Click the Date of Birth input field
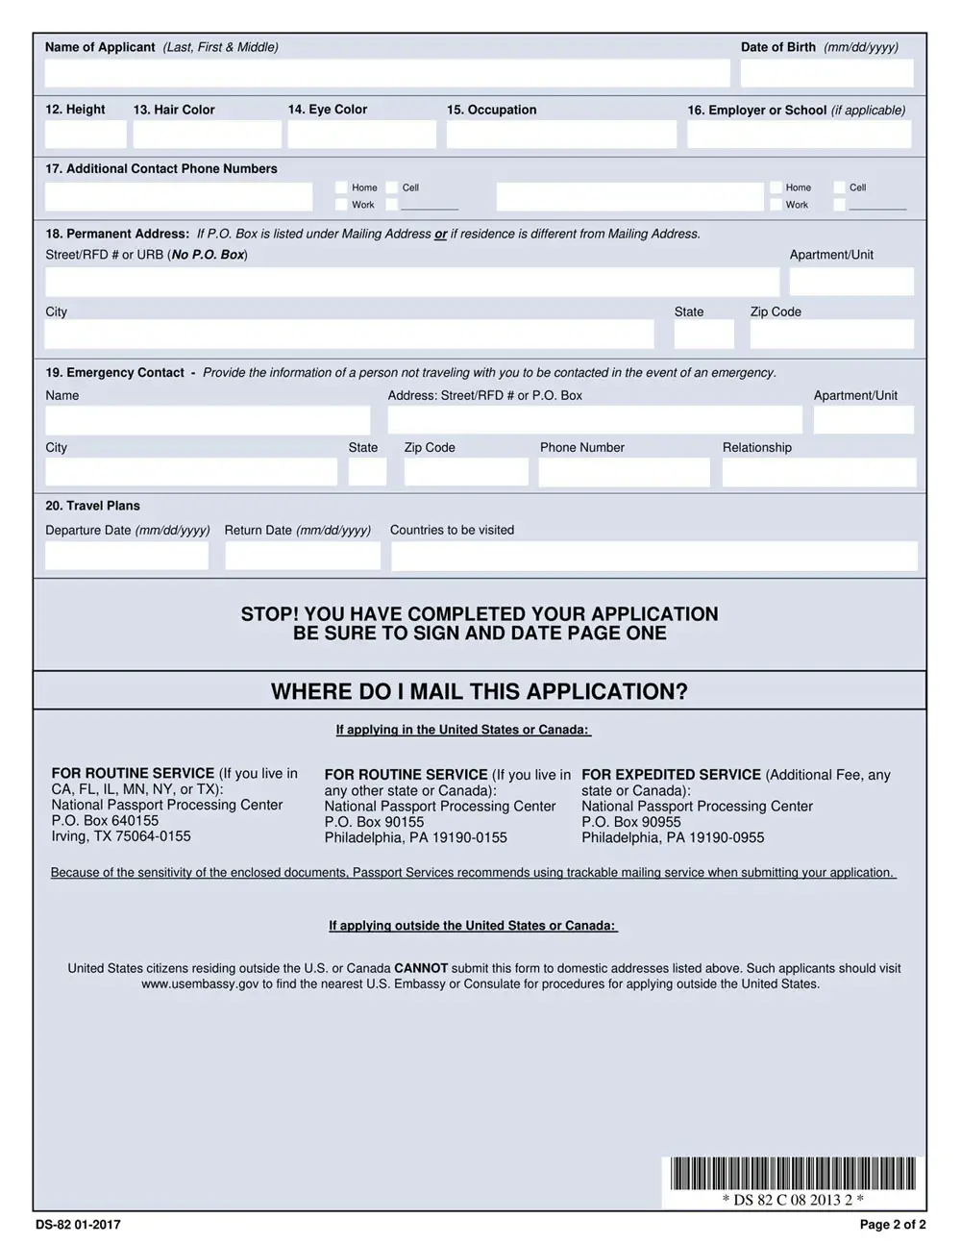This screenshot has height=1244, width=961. coord(826,73)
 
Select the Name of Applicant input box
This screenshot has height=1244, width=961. coord(387,73)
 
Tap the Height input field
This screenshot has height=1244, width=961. coord(86,135)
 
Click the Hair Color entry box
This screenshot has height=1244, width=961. coord(207,135)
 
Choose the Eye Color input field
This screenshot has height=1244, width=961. coord(361,135)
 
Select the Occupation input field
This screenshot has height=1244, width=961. coord(561,135)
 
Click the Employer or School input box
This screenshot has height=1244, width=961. coord(799,135)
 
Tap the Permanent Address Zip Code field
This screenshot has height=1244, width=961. coord(831,334)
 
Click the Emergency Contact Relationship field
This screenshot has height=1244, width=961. coord(819,472)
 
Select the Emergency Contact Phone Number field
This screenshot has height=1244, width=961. coord(624,472)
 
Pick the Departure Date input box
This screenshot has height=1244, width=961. coord(127,556)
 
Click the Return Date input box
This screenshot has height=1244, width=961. coord(303,556)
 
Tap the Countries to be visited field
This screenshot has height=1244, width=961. coord(653,556)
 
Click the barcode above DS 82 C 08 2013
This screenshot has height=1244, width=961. coord(793,1174)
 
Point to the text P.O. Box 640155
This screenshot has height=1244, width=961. coord(105,821)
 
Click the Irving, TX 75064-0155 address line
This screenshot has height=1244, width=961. coord(121,836)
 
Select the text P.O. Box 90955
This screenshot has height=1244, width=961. coord(630,822)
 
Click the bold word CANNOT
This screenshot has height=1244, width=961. coord(421,968)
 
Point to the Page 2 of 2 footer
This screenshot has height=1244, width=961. coord(892,1225)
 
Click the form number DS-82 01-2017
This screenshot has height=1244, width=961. coord(78,1225)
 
